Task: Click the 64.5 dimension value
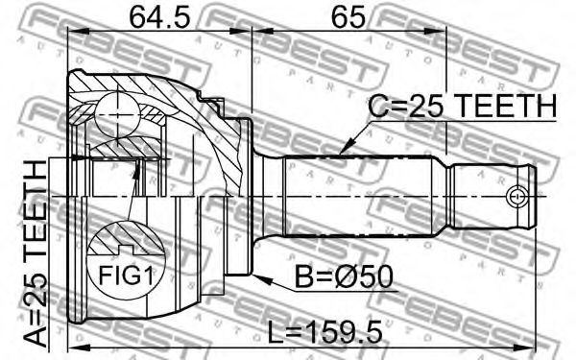(160, 17)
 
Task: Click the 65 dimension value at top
(348, 17)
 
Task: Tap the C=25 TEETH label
(463, 106)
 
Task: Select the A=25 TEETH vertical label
(36, 253)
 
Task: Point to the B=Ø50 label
(345, 277)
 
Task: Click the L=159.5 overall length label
(324, 332)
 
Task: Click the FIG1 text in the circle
(126, 276)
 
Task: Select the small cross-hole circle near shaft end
(516, 197)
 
